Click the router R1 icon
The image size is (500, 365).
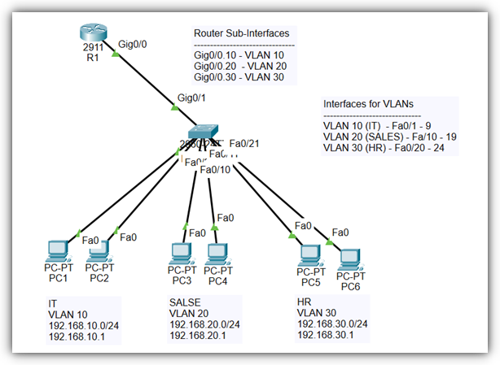coord(92,32)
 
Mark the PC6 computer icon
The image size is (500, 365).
coord(350,259)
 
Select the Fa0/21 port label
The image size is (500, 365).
coord(245,143)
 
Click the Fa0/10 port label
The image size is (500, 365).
coord(215,169)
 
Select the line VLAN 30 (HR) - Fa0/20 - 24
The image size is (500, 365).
coord(388,148)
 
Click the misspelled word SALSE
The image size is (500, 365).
coord(183,302)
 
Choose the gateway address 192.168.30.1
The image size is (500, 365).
coord(325,336)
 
